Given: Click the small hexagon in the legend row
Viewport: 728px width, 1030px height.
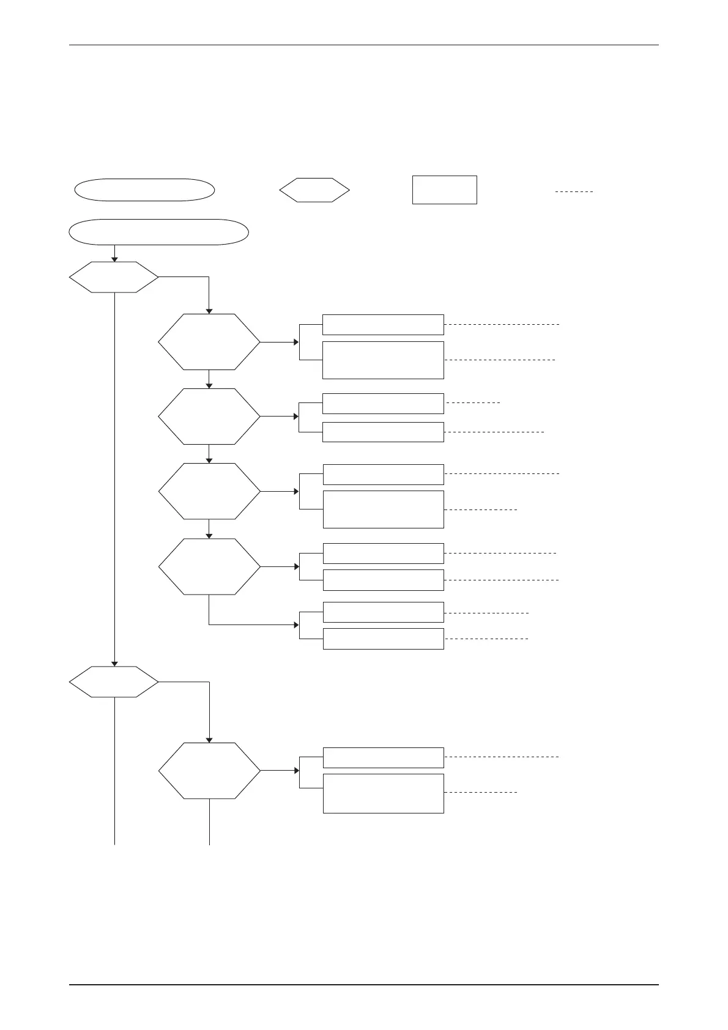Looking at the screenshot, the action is pos(314,191).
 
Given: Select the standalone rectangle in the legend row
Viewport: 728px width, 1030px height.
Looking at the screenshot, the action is pos(444,190).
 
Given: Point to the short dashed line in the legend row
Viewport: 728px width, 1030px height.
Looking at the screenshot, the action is pos(574,192).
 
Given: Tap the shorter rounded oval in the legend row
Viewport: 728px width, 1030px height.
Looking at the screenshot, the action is pos(144,190).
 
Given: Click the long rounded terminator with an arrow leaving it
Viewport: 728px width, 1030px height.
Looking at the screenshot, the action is pos(159,232).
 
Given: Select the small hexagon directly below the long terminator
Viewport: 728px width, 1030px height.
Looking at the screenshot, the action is pos(114,277).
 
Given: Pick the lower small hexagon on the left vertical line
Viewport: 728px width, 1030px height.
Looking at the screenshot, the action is pos(114,681).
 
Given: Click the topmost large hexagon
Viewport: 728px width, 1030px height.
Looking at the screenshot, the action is pos(209,342).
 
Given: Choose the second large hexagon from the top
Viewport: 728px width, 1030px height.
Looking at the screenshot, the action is pos(209,417).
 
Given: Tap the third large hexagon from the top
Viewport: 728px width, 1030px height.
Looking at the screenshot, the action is pos(209,491).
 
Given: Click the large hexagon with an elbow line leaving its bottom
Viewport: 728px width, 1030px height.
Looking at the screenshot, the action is pos(209,566).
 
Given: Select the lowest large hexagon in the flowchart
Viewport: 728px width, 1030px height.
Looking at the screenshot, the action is pos(209,771).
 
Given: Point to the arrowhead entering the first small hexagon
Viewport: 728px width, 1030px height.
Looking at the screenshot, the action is pos(114,259).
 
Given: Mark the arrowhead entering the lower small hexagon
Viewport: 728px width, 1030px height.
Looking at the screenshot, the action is pos(114,664).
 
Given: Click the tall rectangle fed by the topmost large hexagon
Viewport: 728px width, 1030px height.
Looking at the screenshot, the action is pos(383,360).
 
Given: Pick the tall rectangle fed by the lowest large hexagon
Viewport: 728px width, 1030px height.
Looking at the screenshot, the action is pos(383,793).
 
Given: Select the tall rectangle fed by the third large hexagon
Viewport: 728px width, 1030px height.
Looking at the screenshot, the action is pos(383,509).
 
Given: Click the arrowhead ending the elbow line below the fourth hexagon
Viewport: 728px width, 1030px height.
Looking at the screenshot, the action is pos(296,625).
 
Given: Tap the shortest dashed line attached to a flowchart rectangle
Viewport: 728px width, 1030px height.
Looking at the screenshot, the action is pos(474,403).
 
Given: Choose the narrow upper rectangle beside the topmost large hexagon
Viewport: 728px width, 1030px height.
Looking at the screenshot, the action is pos(383,325).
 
